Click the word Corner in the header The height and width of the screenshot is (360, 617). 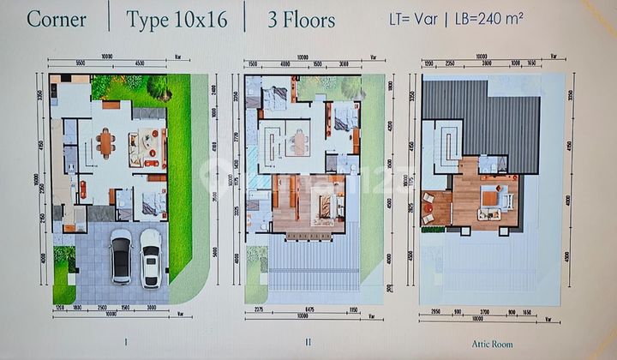coord(57,19)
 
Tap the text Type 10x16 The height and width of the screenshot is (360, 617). coord(177,19)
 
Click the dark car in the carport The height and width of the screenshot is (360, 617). coord(122,255)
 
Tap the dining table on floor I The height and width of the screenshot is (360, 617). coord(105,143)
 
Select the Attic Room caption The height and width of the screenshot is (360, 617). coord(491,340)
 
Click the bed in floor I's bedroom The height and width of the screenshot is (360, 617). coord(154,204)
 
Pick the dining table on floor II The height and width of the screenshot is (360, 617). coord(297,141)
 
